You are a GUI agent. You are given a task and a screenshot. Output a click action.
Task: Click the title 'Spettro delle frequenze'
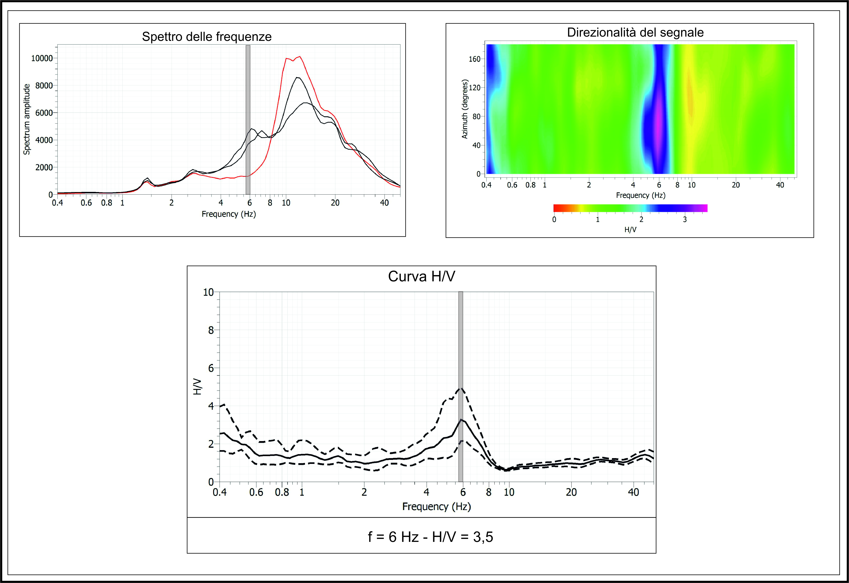pos(207,37)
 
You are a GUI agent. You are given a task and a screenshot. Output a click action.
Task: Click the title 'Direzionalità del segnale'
pos(635,33)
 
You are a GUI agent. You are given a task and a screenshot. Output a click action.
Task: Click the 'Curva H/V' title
pos(422,277)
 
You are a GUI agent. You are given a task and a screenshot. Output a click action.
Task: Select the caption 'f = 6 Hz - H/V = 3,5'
pos(430,537)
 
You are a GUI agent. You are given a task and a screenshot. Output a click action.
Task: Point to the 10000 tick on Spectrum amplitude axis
pos(42,58)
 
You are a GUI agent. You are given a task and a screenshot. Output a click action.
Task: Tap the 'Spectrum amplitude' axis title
pos(27,119)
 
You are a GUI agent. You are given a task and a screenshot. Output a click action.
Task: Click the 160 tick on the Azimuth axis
pos(475,59)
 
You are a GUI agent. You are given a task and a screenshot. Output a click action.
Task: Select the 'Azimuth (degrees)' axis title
pos(465,109)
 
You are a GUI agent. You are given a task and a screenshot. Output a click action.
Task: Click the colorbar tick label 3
pos(685,220)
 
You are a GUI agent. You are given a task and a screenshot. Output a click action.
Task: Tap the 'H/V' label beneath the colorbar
pos(631,230)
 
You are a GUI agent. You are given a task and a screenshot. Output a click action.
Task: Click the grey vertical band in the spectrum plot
pos(248,120)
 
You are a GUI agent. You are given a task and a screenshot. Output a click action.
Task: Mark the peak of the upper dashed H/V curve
pos(461,388)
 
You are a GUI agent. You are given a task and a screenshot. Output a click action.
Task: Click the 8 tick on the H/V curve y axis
pos(211,330)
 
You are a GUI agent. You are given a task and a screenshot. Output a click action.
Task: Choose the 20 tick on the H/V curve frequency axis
pos(571,492)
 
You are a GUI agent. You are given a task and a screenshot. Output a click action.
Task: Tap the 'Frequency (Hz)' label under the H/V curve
pos(437,507)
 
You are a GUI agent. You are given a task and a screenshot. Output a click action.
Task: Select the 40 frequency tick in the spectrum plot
pos(384,203)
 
